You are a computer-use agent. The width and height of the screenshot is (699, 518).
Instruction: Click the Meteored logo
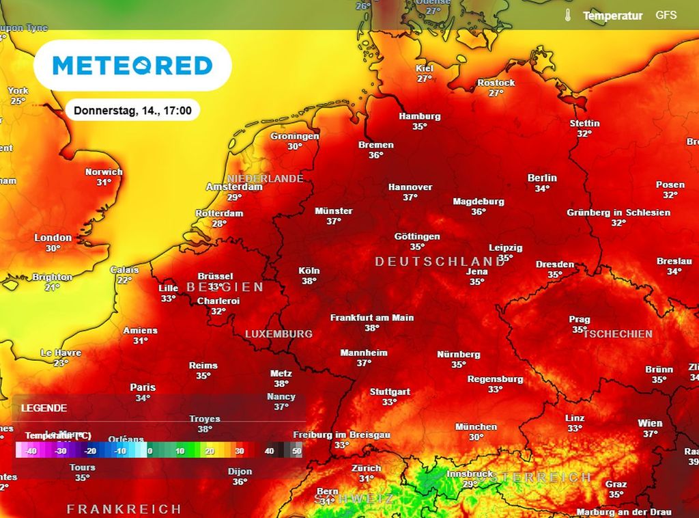pyautogui.click(x=132, y=66)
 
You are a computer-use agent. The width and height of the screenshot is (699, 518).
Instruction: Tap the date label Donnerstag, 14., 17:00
pyautogui.click(x=132, y=110)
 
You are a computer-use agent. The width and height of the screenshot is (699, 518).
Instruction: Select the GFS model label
pyautogui.click(x=666, y=14)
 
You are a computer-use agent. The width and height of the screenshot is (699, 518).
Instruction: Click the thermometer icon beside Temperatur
pyautogui.click(x=567, y=15)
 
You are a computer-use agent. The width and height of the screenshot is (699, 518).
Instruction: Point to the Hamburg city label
pyautogui.click(x=420, y=116)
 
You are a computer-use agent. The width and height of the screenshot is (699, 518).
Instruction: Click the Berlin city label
pyautogui.click(x=542, y=178)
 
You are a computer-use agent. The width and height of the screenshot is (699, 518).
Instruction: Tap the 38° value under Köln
pyautogui.click(x=309, y=281)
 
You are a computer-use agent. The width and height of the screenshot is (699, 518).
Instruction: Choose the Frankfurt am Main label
pyautogui.click(x=372, y=318)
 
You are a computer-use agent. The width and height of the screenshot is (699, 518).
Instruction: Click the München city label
pyautogui.click(x=476, y=427)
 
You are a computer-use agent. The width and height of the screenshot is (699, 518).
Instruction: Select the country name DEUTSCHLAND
pyautogui.click(x=440, y=262)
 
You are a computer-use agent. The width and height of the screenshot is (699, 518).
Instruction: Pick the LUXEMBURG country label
pyautogui.click(x=279, y=334)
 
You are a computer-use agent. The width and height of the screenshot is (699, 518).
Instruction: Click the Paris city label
pyautogui.click(x=143, y=387)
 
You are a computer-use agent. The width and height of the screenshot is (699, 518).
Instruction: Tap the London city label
pyautogui.click(x=53, y=238)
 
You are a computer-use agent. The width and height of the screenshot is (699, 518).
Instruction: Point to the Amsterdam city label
pyautogui.click(x=234, y=187)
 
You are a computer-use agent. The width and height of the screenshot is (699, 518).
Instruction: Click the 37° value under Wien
pyautogui.click(x=650, y=433)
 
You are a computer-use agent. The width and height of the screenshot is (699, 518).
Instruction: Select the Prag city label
pyautogui.click(x=580, y=319)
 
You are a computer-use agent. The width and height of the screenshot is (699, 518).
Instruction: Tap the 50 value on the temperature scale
pyautogui.click(x=297, y=451)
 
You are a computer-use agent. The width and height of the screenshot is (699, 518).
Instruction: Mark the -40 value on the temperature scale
pyautogui.click(x=31, y=451)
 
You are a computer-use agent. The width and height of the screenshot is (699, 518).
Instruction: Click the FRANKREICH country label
pyautogui.click(x=124, y=509)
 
